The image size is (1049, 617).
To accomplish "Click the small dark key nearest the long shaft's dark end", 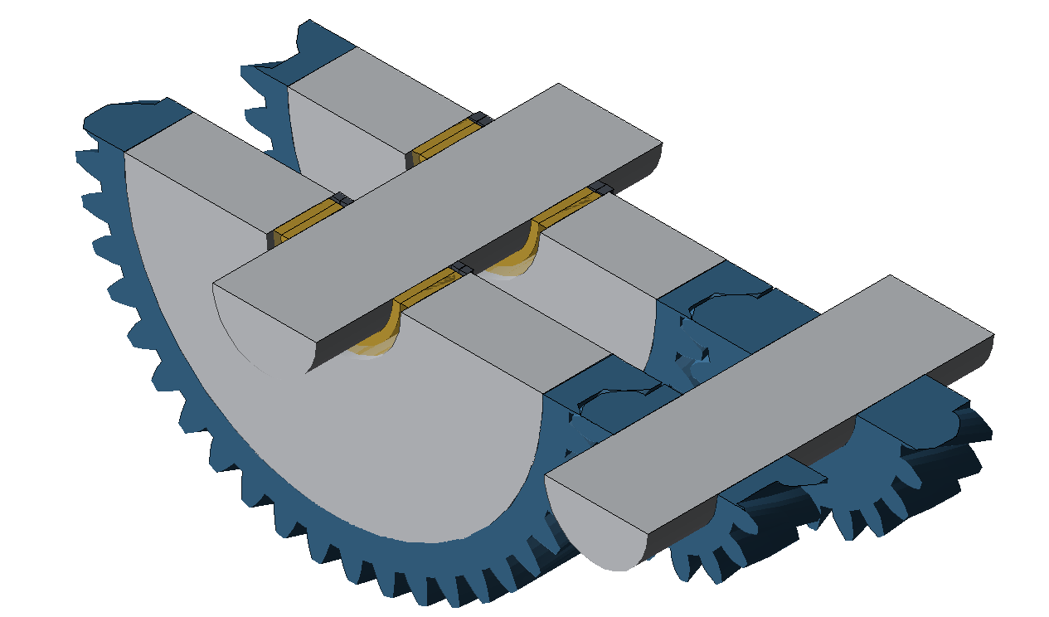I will click(x=600, y=189).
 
